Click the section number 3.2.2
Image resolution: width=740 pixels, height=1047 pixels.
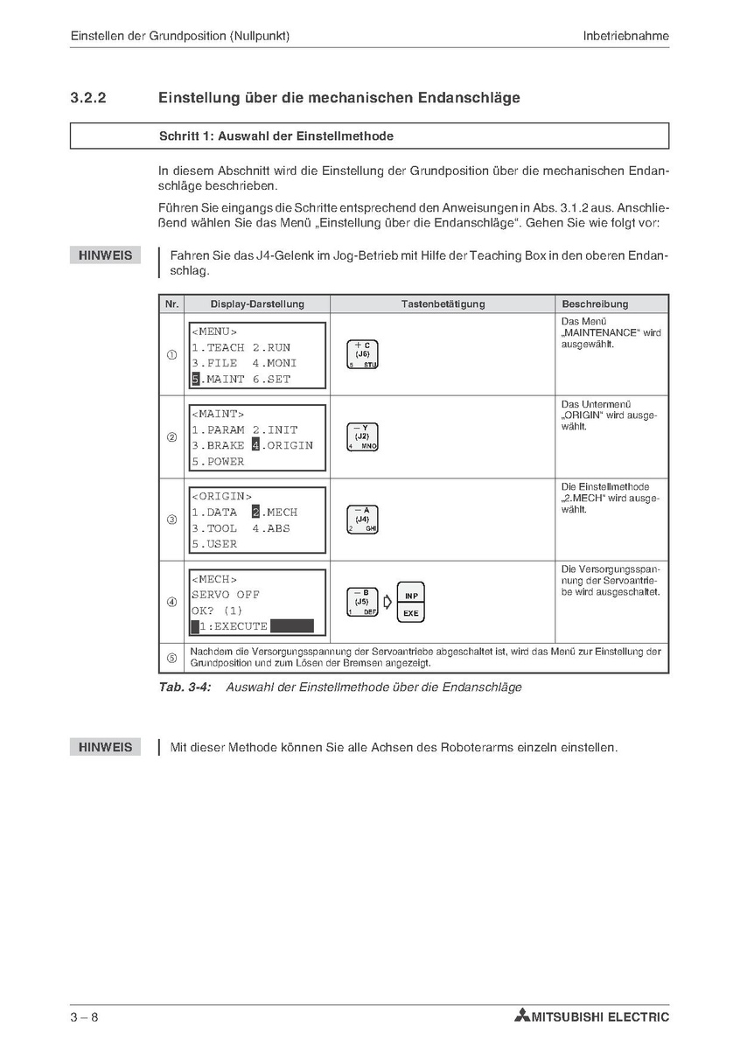click(x=88, y=98)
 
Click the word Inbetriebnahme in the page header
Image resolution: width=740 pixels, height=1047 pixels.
click(x=625, y=36)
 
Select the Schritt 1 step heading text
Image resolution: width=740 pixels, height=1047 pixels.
click(x=276, y=136)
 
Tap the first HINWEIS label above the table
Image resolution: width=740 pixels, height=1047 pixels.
click(x=105, y=255)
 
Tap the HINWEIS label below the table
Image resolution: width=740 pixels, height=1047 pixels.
click(x=105, y=747)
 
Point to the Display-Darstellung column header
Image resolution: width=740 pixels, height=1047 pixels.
click(x=257, y=304)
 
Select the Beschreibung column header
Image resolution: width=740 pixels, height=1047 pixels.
click(x=595, y=304)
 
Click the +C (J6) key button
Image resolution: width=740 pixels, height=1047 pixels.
click(x=362, y=354)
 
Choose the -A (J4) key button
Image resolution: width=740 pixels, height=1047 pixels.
click(x=362, y=520)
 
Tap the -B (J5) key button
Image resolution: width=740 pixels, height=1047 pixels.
click(x=362, y=602)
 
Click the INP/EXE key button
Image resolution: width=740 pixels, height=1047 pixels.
click(x=410, y=603)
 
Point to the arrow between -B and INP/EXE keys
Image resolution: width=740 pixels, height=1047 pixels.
click(x=387, y=603)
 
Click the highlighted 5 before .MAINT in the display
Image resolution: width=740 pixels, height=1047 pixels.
click(x=196, y=380)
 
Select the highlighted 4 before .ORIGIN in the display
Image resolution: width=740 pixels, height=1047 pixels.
click(x=256, y=445)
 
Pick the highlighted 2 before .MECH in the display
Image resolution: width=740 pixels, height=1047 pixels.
click(x=256, y=513)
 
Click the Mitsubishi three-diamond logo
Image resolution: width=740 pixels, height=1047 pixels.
click(x=522, y=1016)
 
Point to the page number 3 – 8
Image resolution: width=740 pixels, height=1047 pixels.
click(x=85, y=1016)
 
